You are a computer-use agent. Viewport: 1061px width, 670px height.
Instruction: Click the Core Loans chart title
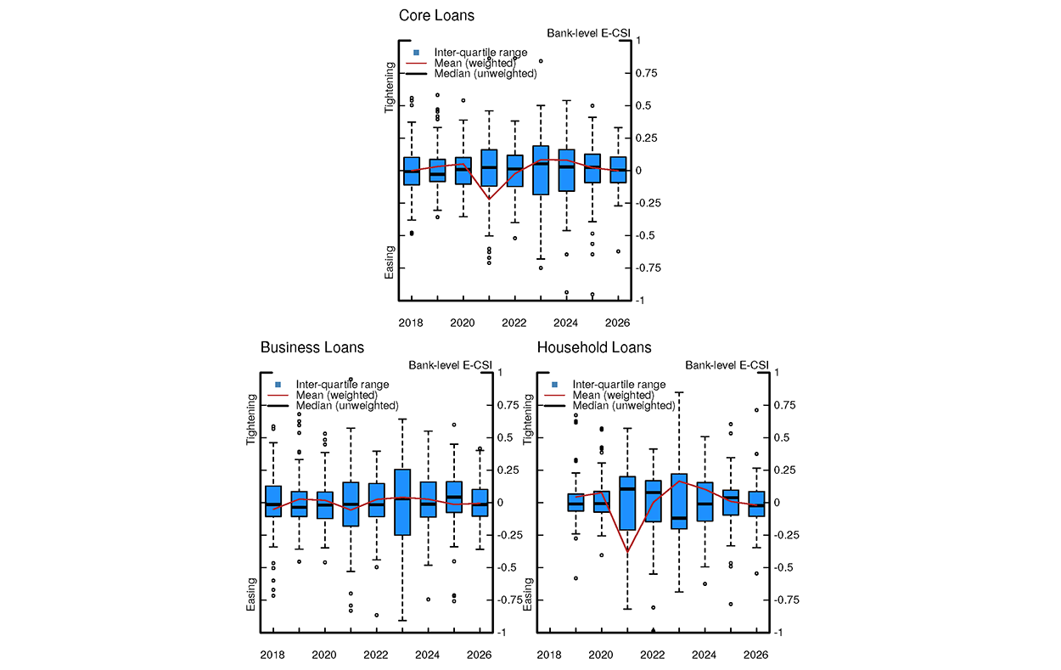[437, 16]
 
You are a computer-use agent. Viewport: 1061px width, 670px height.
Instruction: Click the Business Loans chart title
[312, 347]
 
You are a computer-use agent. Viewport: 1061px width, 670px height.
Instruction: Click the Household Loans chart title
[594, 347]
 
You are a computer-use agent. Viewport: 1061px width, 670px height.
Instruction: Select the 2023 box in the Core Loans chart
[541, 170]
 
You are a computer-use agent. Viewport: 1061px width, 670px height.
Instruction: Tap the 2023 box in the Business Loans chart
[402, 502]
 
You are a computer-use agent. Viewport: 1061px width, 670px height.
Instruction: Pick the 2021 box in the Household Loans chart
[627, 503]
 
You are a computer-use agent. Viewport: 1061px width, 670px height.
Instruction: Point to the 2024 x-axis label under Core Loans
[565, 324]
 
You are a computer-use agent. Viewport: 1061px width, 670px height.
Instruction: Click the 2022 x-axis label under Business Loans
[376, 656]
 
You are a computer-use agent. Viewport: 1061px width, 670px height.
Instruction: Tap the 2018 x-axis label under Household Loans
[549, 656]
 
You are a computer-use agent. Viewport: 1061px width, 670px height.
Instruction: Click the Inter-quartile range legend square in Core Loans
[416, 53]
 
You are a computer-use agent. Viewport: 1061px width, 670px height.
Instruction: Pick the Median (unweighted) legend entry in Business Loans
[346, 406]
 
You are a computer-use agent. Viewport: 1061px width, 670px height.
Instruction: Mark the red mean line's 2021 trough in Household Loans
[627, 552]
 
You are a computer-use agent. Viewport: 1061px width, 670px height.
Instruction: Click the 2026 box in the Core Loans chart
[618, 169]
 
